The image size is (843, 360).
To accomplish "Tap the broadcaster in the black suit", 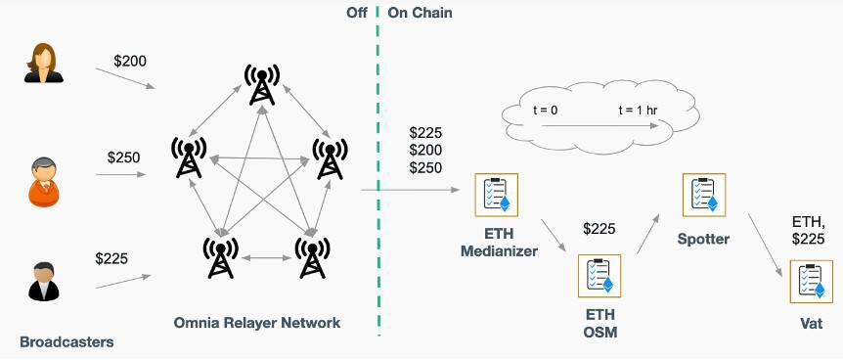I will [42, 280].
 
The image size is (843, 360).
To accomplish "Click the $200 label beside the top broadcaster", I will [130, 62].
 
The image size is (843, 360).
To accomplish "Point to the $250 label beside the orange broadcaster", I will [124, 157].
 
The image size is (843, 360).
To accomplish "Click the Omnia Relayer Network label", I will [257, 323].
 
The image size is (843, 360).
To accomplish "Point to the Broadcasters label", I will [67, 342].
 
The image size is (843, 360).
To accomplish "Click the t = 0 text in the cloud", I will [539, 111].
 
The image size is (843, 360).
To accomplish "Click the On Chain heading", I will [420, 13].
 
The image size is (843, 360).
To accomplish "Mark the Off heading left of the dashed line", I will [356, 13].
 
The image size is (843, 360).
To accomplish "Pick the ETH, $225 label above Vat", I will [809, 228].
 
